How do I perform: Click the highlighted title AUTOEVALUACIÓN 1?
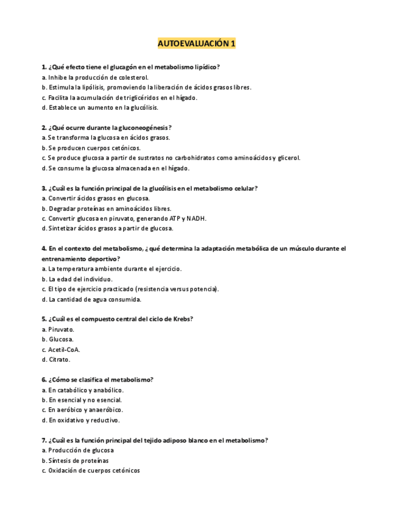point(196,44)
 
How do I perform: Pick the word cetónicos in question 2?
point(125,148)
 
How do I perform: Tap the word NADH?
point(196,218)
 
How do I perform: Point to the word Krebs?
point(182,319)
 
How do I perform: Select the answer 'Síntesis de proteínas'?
point(78,460)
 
